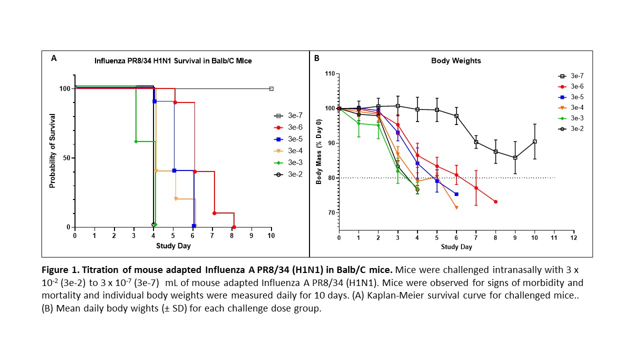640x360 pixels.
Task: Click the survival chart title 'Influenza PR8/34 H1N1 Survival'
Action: pyautogui.click(x=173, y=60)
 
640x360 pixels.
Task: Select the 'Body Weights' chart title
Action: pyautogui.click(x=449, y=60)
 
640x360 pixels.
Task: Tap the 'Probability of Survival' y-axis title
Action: pyautogui.click(x=52, y=150)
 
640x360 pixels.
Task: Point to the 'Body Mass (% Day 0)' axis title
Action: pyautogui.click(x=318, y=151)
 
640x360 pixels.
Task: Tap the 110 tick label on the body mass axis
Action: pyautogui.click(x=329, y=74)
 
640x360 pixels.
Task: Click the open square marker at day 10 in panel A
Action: pyautogui.click(x=271, y=89)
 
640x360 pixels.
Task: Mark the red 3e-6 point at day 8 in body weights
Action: pyautogui.click(x=495, y=201)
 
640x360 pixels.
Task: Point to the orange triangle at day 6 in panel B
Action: pyautogui.click(x=456, y=207)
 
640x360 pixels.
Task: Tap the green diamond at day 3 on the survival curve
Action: pyautogui.click(x=135, y=141)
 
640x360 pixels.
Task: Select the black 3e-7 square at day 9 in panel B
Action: pyautogui.click(x=515, y=157)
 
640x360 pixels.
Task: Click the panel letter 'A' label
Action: pyautogui.click(x=53, y=58)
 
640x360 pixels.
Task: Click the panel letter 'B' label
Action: pyautogui.click(x=316, y=58)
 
